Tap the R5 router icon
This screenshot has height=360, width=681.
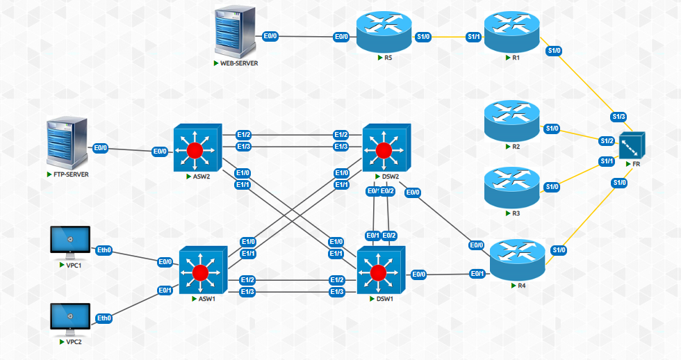(384, 31)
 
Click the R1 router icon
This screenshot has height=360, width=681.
(511, 32)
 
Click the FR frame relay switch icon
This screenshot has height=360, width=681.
(632, 145)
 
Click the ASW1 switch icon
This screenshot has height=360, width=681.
(201, 271)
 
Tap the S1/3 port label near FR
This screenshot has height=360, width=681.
(619, 116)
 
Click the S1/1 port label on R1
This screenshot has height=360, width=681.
(474, 37)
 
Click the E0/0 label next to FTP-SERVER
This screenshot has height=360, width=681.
(101, 148)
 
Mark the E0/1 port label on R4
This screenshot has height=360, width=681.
(477, 274)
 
